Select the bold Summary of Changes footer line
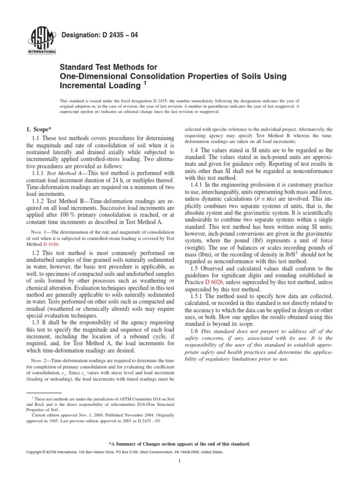[x=180, y=443]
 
